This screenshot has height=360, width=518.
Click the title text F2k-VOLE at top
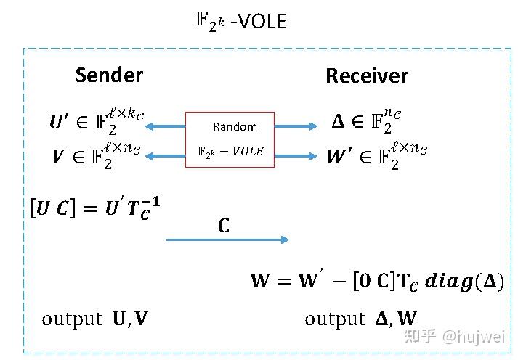click(240, 20)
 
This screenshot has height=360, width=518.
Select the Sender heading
click(109, 75)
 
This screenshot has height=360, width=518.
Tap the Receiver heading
click(366, 76)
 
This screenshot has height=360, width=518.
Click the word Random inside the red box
click(235, 127)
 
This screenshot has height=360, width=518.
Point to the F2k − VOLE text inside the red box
click(230, 152)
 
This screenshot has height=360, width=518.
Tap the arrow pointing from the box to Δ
click(296, 126)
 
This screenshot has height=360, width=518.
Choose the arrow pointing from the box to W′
click(296, 154)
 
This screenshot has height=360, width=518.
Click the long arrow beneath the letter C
click(227, 240)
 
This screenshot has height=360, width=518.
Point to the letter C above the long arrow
click(224, 226)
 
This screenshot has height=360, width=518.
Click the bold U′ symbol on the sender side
click(57, 124)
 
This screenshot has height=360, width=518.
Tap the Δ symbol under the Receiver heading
click(338, 123)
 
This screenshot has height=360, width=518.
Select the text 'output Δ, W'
click(360, 319)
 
